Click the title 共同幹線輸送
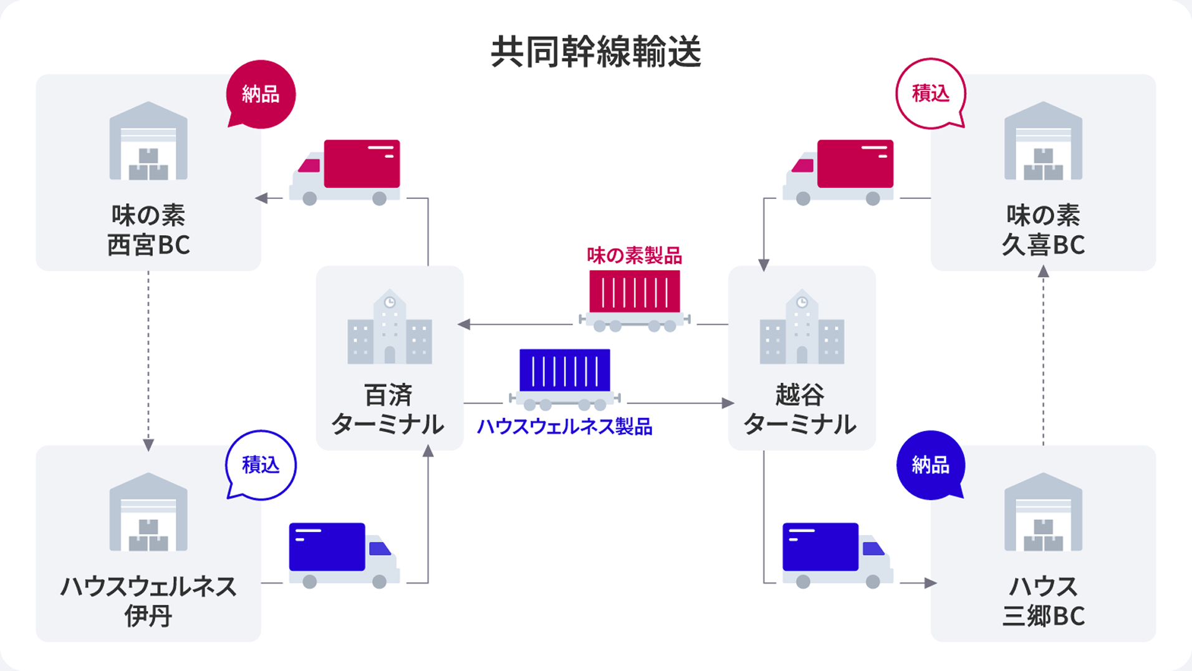click(596, 52)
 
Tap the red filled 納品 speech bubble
click(261, 94)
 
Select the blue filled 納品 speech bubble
click(930, 465)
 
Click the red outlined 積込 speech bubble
click(930, 94)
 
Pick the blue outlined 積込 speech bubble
click(261, 465)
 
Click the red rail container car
click(635, 299)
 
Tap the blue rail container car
click(565, 378)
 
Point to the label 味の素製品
click(634, 255)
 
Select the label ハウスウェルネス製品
click(564, 427)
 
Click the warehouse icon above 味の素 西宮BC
click(148, 142)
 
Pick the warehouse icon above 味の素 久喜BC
click(1043, 142)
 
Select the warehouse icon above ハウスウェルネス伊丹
click(148, 513)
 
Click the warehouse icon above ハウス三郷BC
click(1043, 513)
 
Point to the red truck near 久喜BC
click(838, 172)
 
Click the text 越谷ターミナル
click(800, 410)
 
